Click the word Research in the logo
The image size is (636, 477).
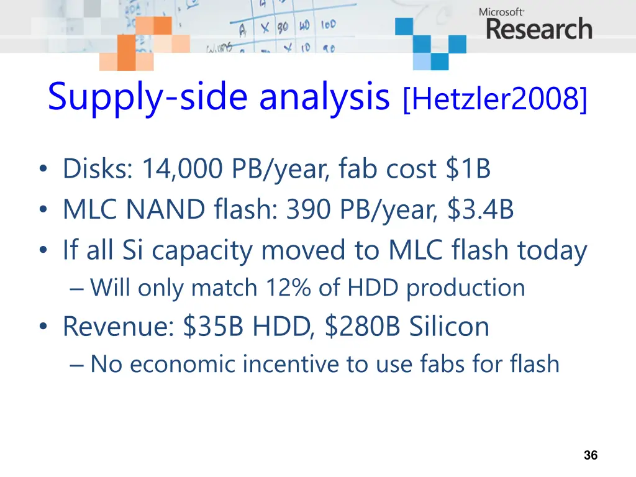(x=538, y=29)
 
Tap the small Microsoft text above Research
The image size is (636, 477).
(x=502, y=11)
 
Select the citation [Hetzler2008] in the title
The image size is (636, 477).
(x=494, y=100)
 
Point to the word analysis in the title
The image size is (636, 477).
(x=324, y=98)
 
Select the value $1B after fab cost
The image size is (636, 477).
(x=468, y=168)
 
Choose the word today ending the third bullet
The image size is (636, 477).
(x=552, y=251)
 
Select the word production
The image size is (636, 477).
(x=466, y=288)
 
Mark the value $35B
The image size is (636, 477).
(x=214, y=326)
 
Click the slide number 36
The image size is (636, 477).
(x=591, y=455)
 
